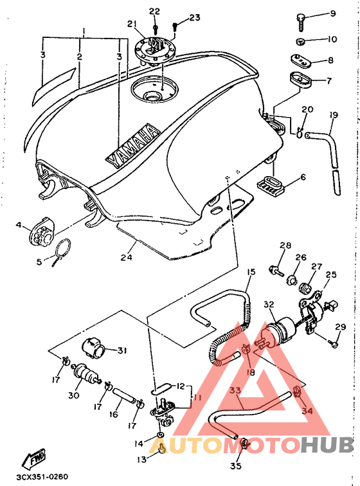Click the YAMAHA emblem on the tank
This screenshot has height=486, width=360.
pos(132,147)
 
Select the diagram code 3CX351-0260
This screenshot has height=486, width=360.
pos(42,477)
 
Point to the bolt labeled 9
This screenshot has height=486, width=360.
pos(301,22)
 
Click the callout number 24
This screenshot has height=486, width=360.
pos(127,257)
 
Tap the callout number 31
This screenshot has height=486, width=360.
pos(122,350)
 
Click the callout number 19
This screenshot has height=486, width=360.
pos(334,115)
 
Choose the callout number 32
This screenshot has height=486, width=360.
pos(269,304)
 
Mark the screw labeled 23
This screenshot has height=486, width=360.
pos(175,26)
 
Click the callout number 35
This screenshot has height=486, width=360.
pos(236,465)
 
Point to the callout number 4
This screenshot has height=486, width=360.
pos(19,224)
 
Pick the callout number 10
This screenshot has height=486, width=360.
pos(332,39)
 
